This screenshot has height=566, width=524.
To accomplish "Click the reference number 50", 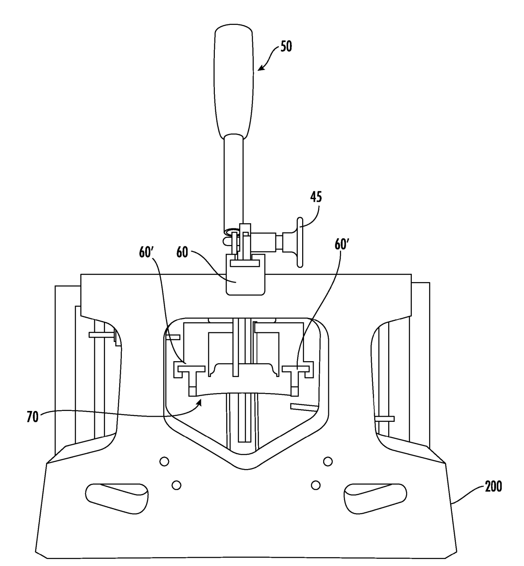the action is tap(286, 46).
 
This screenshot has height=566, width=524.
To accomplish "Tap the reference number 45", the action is tap(316, 197).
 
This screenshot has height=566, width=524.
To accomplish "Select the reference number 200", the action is tap(493, 487).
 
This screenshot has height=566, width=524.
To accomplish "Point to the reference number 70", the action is tap(32, 417).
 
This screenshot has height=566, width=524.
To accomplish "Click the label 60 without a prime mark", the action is tap(182, 252).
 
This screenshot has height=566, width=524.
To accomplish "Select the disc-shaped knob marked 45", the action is tap(300, 242).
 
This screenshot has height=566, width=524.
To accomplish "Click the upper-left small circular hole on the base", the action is tap(164, 461).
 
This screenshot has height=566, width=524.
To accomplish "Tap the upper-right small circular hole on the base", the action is tap(328, 461).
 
